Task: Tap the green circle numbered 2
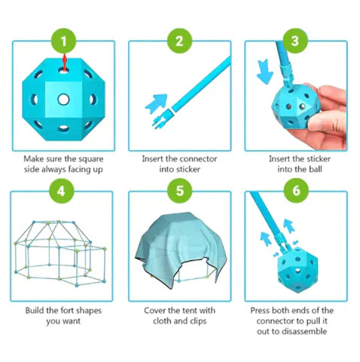(179, 40)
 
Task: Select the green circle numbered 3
(296, 40)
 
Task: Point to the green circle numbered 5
(179, 190)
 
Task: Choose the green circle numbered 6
(296, 190)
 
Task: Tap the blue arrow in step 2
(157, 101)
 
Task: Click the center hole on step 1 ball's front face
(63, 99)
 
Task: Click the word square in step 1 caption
(96, 159)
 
